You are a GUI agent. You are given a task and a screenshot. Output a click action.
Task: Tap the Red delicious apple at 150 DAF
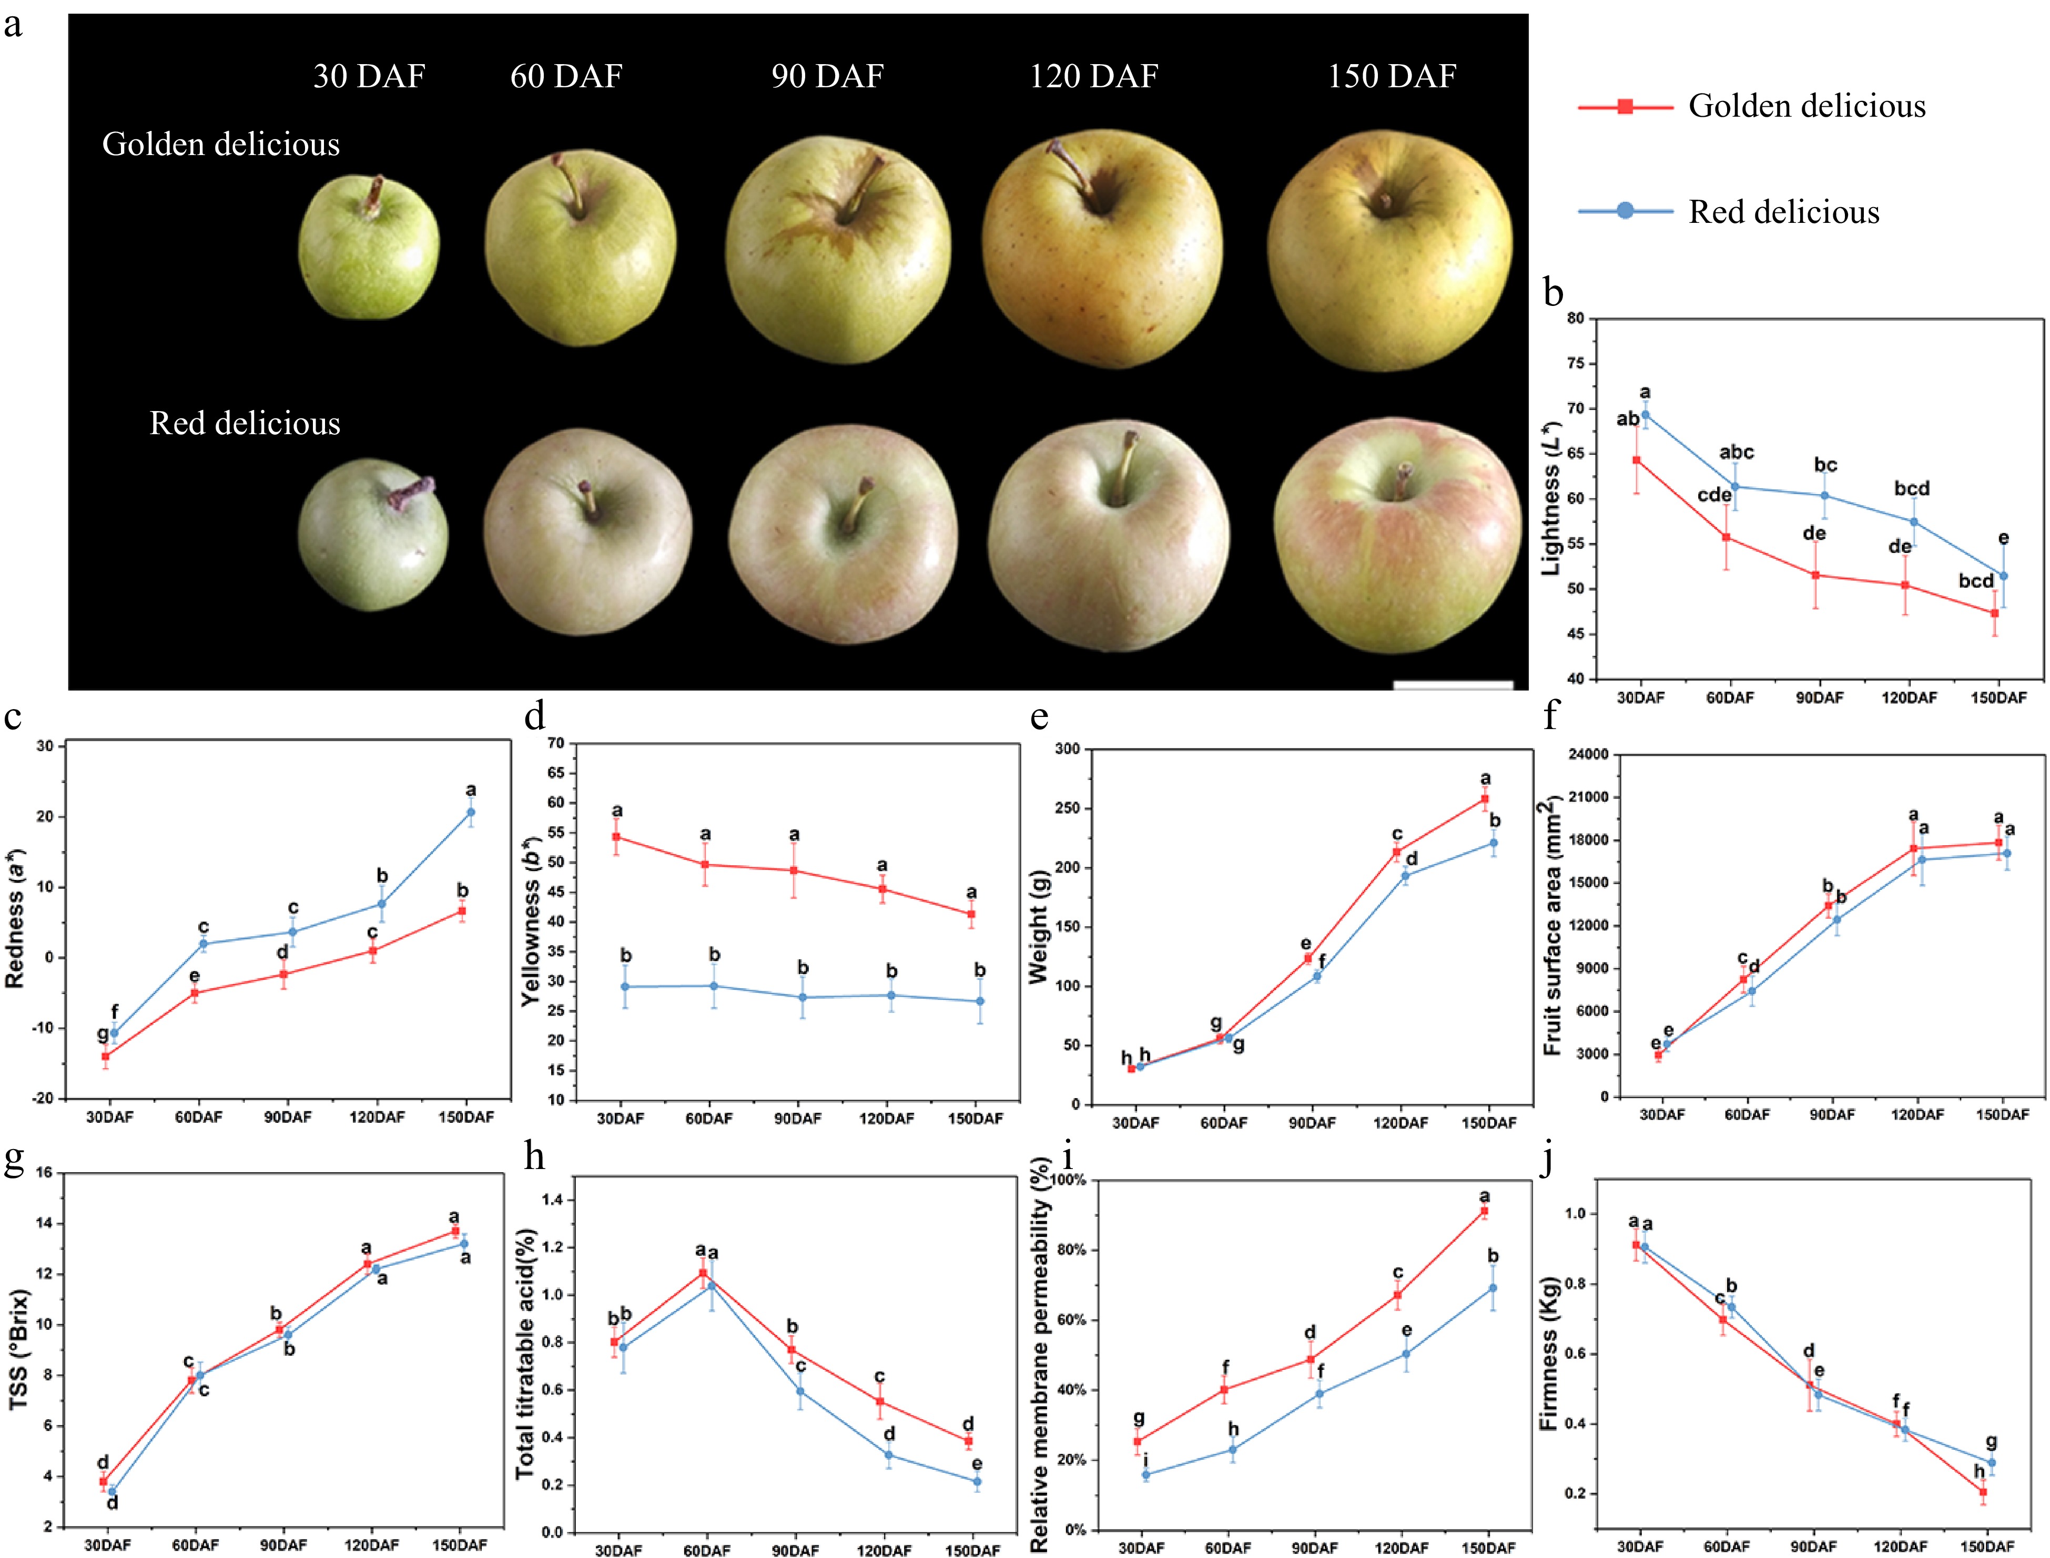[x=1397, y=536]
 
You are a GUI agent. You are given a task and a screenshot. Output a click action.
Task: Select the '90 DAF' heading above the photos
[x=827, y=76]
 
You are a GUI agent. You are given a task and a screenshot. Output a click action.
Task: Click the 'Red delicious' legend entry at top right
[x=1783, y=212]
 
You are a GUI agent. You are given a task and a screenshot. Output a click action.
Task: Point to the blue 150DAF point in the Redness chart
[x=470, y=813]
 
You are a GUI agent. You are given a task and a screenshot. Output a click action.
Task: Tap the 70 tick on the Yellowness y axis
[x=556, y=743]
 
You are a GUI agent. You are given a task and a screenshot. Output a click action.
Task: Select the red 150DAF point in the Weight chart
[x=1484, y=798]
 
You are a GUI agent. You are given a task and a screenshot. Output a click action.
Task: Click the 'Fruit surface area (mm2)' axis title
[x=1551, y=926]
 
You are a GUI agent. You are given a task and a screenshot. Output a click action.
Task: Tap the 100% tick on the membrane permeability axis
[x=1068, y=1181]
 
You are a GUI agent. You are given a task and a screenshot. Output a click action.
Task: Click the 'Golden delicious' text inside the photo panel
[x=221, y=145]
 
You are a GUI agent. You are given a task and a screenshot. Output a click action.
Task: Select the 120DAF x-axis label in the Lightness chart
[x=1909, y=698]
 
